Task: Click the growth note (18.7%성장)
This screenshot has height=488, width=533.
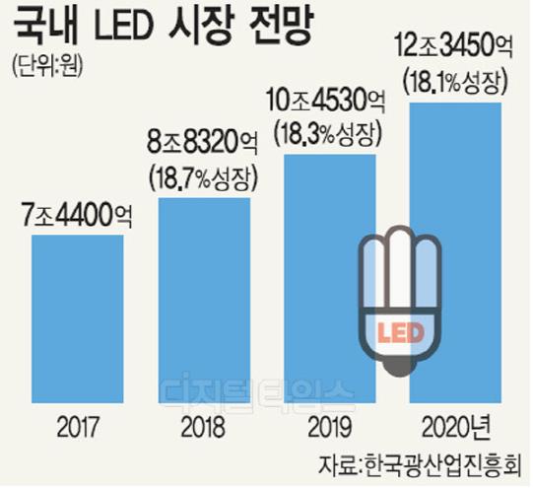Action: [x=203, y=178]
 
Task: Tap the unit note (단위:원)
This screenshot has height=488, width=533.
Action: [x=50, y=68]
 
